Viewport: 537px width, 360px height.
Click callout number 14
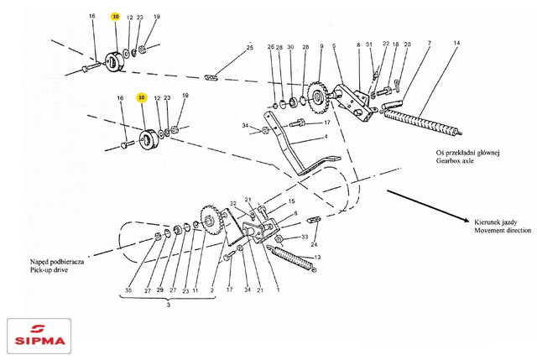456,43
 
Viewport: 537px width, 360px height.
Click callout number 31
369,44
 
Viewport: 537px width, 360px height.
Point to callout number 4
326,137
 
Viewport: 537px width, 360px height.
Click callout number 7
429,43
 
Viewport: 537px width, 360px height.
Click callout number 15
292,202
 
